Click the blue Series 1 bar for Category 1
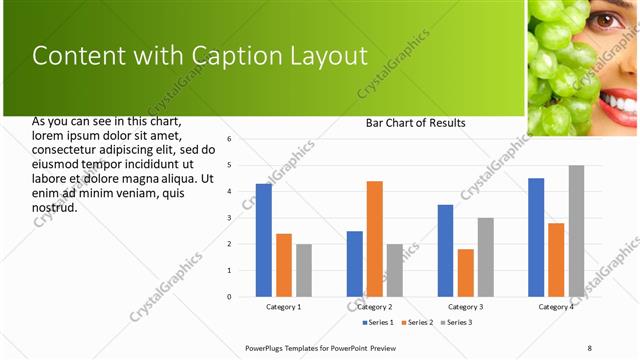click(x=264, y=240)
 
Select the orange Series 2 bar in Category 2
click(x=375, y=238)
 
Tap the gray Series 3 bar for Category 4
click(x=576, y=231)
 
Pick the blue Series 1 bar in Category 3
click(x=445, y=250)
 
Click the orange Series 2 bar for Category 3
click(x=465, y=272)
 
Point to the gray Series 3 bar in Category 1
click(x=304, y=270)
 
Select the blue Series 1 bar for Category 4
click(x=536, y=237)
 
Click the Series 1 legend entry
click(x=379, y=322)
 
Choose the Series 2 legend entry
click(x=417, y=322)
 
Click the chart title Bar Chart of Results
click(x=415, y=123)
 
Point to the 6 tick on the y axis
click(x=229, y=139)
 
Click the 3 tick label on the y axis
click(x=229, y=218)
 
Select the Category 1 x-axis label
click(x=284, y=307)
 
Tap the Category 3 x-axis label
click(x=465, y=307)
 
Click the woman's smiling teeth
click(x=622, y=101)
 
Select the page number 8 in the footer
click(x=590, y=347)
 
